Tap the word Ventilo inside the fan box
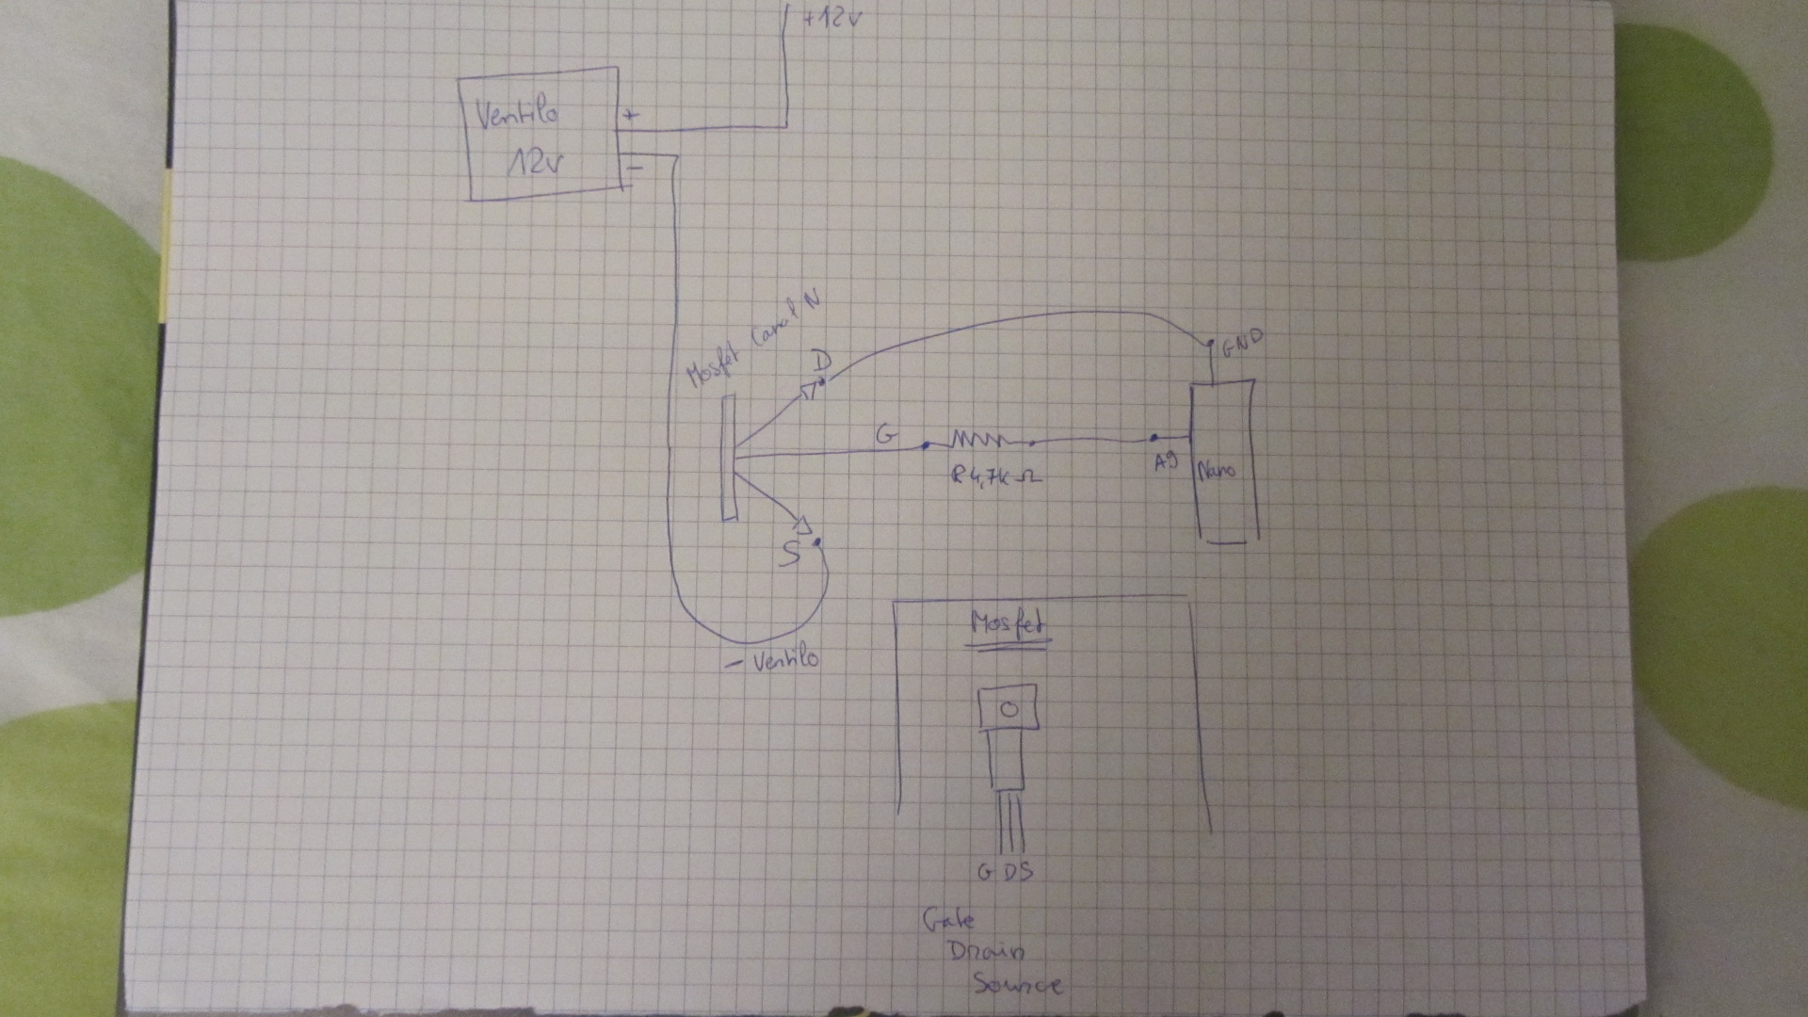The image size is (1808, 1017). click(x=518, y=115)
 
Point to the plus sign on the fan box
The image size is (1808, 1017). click(x=631, y=116)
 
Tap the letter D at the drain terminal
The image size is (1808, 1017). click(x=821, y=362)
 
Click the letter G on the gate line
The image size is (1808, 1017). click(x=886, y=435)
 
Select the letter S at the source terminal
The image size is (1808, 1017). click(x=791, y=554)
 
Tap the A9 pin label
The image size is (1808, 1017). click(x=1165, y=462)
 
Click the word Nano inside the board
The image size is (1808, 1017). click(x=1217, y=469)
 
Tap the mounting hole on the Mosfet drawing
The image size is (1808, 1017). click(x=1009, y=709)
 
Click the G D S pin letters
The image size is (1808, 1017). click(x=1005, y=872)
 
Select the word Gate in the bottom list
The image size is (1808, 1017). click(x=948, y=918)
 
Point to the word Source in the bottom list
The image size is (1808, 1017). click(x=1017, y=984)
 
